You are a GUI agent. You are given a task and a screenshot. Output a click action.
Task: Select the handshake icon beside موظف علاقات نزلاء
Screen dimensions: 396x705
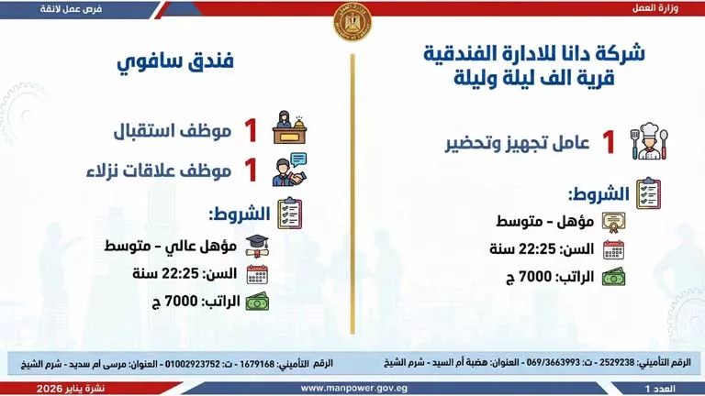[290, 170]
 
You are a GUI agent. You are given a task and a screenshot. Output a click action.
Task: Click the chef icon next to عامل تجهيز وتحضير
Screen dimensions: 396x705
[646, 143]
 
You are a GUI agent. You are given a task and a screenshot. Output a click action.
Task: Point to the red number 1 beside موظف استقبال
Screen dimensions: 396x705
[249, 131]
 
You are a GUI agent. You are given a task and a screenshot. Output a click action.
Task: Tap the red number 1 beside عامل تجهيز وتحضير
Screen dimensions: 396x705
[608, 143]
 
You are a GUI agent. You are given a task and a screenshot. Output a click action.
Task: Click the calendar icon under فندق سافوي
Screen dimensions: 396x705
[258, 273]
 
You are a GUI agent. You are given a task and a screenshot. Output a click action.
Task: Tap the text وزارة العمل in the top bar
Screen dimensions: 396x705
[656, 7]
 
